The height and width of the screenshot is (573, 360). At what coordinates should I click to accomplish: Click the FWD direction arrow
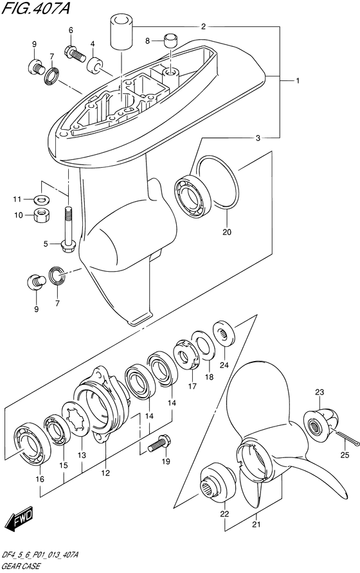[21, 518]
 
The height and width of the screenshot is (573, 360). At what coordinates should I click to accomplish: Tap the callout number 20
[227, 232]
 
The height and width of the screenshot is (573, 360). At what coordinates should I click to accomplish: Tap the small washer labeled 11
[42, 200]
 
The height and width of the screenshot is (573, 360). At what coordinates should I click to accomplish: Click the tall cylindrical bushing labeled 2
[121, 31]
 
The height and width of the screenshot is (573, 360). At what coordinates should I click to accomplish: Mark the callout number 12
[105, 473]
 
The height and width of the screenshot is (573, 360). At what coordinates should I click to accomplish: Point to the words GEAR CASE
[21, 567]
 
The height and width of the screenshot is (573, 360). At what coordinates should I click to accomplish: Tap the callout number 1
[298, 80]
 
